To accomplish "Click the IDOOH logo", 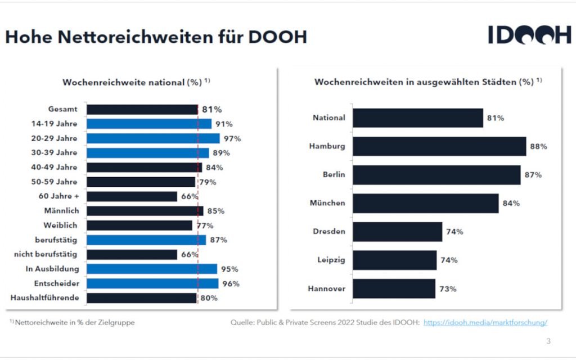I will [x=529, y=35].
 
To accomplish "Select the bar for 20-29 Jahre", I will [x=153, y=138].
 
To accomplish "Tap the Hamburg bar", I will [x=439, y=146].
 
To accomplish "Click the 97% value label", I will [x=232, y=138].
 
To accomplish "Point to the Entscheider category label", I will [x=57, y=283].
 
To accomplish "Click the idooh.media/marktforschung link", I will [x=485, y=323].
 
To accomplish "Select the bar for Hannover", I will [x=393, y=289].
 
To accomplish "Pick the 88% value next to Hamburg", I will [x=538, y=146].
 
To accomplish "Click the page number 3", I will [x=549, y=341].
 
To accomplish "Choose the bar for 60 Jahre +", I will [x=132, y=196].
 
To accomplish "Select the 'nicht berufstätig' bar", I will [x=132, y=254].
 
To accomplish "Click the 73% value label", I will [x=448, y=289].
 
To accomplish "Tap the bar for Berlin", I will [x=436, y=175].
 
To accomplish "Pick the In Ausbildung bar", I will [x=152, y=269].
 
